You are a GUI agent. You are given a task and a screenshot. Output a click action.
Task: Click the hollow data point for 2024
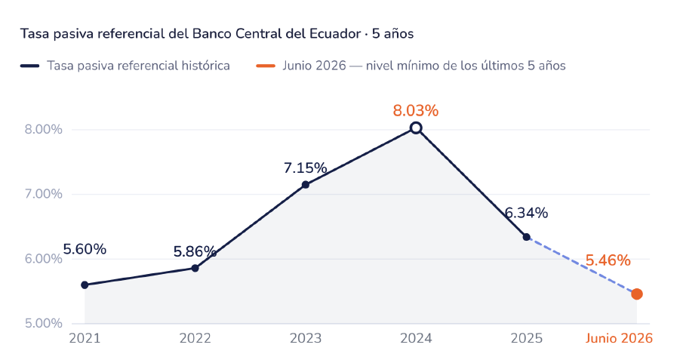[x=416, y=128]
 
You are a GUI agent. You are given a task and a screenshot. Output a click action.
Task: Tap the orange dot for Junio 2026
[x=637, y=294]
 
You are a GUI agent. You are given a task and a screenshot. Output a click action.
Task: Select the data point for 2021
[x=85, y=285]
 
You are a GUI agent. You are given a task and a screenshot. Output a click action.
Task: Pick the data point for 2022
[x=195, y=268]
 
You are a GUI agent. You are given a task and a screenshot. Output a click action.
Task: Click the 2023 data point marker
[x=306, y=185]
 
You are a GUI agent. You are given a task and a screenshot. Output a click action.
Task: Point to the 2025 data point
[x=527, y=237]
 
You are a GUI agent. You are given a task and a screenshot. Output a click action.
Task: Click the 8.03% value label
[x=416, y=111]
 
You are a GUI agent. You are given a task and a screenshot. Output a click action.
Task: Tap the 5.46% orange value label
[x=608, y=260]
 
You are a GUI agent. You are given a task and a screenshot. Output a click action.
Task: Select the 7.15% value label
[x=306, y=168]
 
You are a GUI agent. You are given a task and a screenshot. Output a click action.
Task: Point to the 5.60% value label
[x=85, y=249]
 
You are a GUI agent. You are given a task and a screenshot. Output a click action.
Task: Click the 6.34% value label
[x=526, y=213]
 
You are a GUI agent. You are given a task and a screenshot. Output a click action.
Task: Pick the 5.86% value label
[x=195, y=251]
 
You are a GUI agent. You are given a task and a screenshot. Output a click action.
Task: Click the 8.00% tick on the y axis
[x=44, y=130]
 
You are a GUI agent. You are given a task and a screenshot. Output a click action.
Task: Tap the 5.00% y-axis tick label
[x=44, y=323]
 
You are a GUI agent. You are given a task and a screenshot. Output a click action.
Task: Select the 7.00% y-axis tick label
[x=44, y=194]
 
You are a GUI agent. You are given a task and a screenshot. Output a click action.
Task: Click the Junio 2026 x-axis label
[x=619, y=338]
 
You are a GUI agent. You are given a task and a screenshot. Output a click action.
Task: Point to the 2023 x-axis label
[x=306, y=338]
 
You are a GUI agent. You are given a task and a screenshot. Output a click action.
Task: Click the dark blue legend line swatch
[x=30, y=66]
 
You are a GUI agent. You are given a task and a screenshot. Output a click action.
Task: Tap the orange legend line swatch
[x=266, y=66]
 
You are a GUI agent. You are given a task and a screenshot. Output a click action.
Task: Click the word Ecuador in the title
[x=335, y=33]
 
